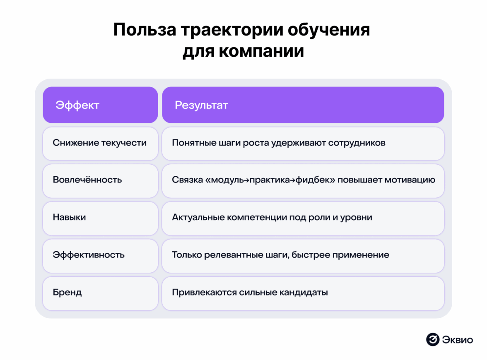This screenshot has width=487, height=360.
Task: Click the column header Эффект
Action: tap(77, 105)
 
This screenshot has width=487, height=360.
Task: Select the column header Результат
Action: tap(201, 105)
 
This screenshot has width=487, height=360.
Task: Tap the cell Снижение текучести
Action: tap(99, 143)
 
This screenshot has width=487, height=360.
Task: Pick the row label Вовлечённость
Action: tap(87, 180)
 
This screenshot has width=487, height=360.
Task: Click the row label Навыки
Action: tap(69, 217)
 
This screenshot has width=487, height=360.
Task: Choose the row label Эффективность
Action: tap(89, 255)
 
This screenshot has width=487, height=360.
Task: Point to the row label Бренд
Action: tap(67, 292)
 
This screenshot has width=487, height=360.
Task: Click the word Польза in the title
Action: tap(145, 30)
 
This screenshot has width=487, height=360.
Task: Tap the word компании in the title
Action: tap(261, 51)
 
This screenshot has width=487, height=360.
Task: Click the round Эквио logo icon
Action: tap(433, 339)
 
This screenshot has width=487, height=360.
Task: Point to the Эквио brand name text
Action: tap(457, 340)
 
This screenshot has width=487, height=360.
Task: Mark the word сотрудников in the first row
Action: tap(357, 143)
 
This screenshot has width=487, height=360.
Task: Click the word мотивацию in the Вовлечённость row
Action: tap(410, 180)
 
